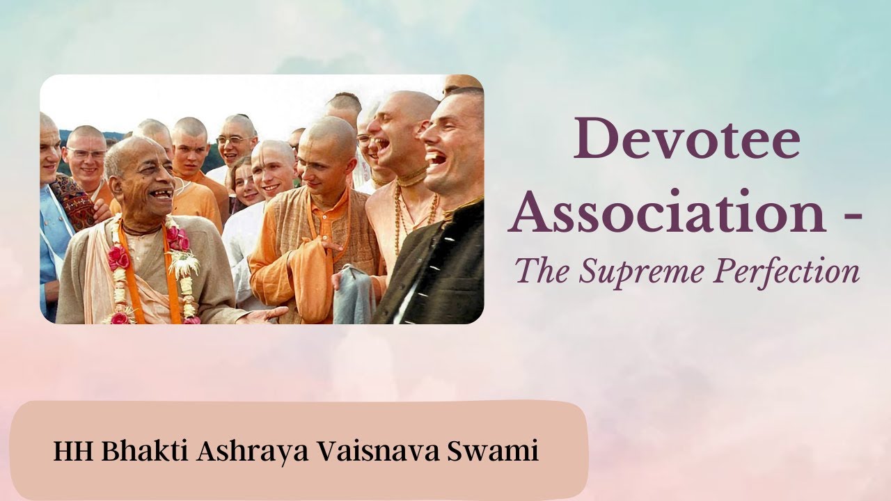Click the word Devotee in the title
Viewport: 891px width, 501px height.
click(x=686, y=140)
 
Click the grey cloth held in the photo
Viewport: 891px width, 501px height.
click(x=354, y=296)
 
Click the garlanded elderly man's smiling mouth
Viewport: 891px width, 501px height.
click(x=160, y=196)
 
